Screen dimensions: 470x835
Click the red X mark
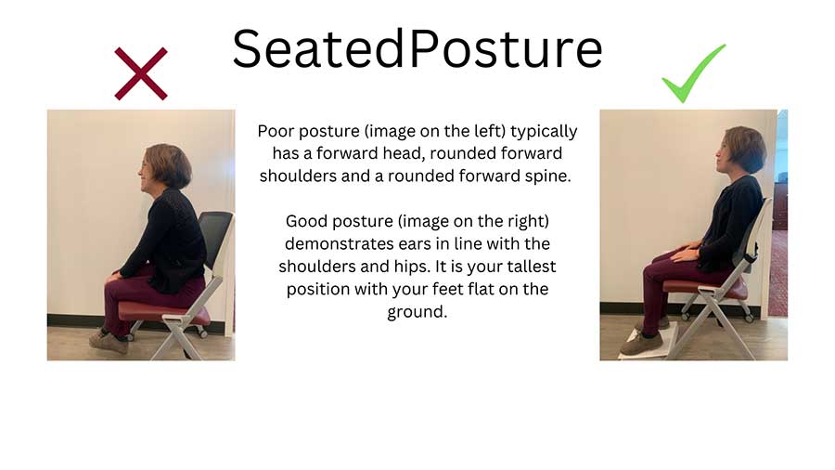pyautogui.click(x=140, y=74)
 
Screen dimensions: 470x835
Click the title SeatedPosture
pyautogui.click(x=417, y=48)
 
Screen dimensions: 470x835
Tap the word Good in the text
pyautogui.click(x=307, y=221)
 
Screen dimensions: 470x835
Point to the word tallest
pyautogui.click(x=522, y=267)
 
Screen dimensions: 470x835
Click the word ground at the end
pyautogui.click(x=416, y=312)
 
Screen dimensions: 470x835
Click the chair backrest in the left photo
pyautogui.click(x=214, y=240)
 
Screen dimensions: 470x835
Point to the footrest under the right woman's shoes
pyautogui.click(x=649, y=342)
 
